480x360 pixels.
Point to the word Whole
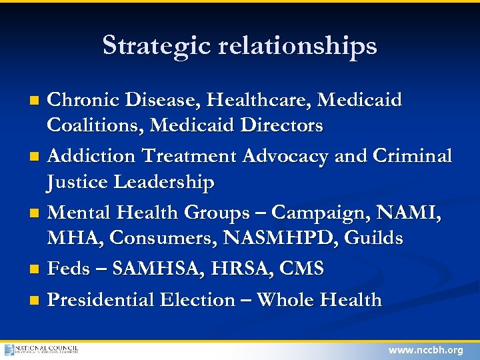pyautogui.click(x=285, y=300)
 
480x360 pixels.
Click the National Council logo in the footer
pyautogui.click(x=41, y=349)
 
